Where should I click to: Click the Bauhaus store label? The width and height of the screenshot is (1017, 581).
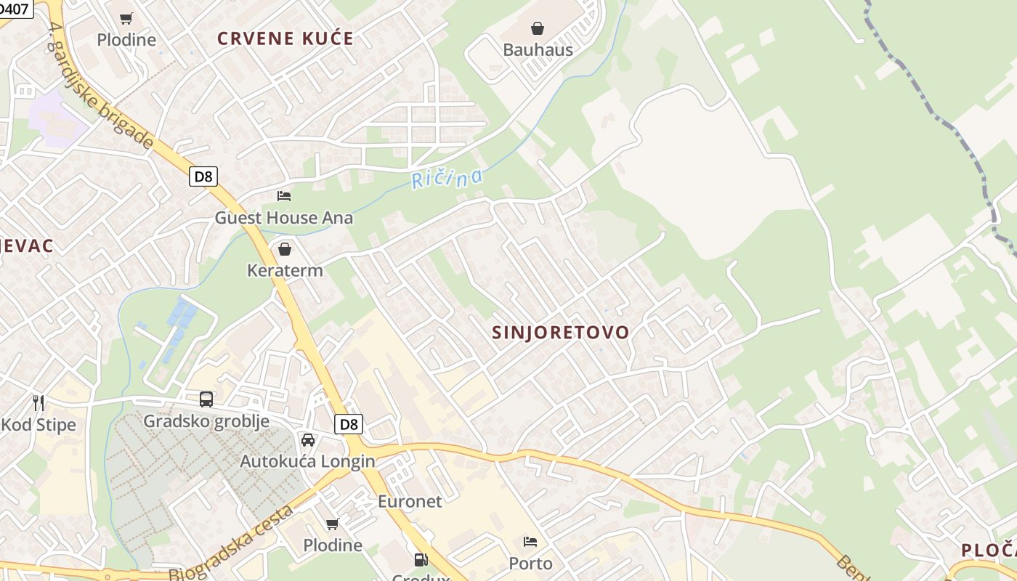(538, 50)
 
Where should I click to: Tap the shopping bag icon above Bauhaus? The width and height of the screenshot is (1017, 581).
(538, 28)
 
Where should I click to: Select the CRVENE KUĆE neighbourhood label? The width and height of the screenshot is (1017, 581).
(285, 39)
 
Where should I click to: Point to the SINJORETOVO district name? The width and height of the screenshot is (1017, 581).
(561, 333)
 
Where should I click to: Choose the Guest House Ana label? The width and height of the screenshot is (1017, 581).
(283, 217)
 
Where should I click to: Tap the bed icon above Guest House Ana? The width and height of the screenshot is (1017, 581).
(284, 195)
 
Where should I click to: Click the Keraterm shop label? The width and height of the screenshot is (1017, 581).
(285, 270)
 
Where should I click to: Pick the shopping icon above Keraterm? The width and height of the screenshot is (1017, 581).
(285, 249)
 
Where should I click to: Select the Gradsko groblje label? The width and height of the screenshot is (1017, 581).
(206, 421)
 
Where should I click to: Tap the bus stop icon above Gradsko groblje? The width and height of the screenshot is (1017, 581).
(206, 399)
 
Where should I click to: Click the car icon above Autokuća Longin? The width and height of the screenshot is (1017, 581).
(308, 440)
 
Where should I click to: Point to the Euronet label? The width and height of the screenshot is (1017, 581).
(410, 501)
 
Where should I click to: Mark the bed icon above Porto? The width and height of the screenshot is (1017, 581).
(530, 542)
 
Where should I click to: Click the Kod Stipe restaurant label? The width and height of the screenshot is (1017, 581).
(39, 425)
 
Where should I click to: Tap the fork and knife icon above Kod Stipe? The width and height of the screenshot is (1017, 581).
(39, 402)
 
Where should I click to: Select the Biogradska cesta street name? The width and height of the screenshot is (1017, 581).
(231, 543)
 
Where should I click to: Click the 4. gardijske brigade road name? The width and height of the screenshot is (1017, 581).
(101, 85)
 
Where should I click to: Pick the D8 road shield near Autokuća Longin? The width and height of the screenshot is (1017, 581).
(349, 424)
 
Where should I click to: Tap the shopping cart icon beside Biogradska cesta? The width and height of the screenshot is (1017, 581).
(333, 524)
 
